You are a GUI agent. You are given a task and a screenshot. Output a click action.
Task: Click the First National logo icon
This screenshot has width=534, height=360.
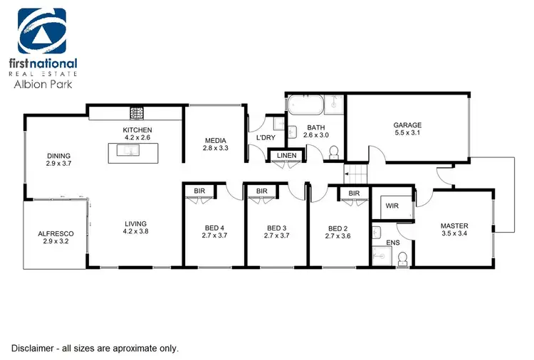(42, 31)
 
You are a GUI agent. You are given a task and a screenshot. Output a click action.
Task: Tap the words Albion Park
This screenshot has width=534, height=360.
(42, 83)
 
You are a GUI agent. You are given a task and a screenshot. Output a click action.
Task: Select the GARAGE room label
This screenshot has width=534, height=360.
(407, 125)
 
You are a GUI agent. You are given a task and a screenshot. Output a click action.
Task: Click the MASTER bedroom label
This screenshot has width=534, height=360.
(454, 226)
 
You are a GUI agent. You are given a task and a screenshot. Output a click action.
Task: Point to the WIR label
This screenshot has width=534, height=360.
(392, 206)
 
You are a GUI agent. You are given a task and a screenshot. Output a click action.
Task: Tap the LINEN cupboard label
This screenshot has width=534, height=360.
(287, 155)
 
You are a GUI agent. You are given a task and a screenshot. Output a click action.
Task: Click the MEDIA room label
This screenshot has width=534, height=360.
(215, 140)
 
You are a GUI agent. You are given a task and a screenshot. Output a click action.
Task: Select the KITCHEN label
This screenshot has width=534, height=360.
(137, 129)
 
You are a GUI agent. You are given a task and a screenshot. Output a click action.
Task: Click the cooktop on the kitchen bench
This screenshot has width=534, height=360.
(137, 112)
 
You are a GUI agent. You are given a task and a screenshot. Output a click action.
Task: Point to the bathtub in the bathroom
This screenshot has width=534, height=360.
(305, 105)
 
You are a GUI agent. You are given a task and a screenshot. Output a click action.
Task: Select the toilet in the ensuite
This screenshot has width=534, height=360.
(402, 263)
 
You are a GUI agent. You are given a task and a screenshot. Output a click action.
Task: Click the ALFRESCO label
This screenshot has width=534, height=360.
(53, 233)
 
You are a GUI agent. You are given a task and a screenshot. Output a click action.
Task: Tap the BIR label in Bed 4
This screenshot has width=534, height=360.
(199, 191)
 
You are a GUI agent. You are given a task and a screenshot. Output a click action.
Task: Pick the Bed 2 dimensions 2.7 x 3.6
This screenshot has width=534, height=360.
(339, 236)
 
